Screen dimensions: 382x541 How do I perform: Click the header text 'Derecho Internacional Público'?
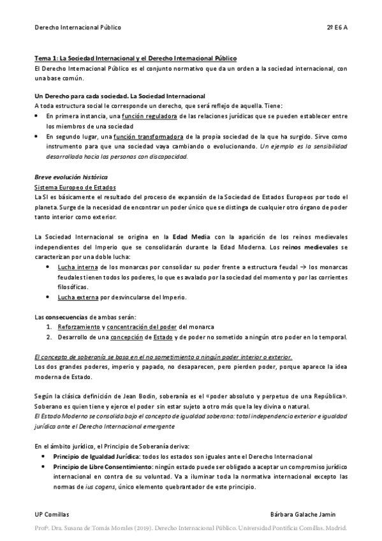[x=77, y=27]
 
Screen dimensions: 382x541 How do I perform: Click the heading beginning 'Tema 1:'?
[x=135, y=58]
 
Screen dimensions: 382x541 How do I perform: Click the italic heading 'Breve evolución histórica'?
[x=71, y=177]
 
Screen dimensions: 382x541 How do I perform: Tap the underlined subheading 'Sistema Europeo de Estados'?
[x=75, y=187]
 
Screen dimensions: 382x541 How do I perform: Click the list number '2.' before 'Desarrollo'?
[x=48, y=337]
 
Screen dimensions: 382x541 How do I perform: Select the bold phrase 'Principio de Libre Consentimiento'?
[x=109, y=467]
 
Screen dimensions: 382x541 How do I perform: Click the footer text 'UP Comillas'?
[x=52, y=514]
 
